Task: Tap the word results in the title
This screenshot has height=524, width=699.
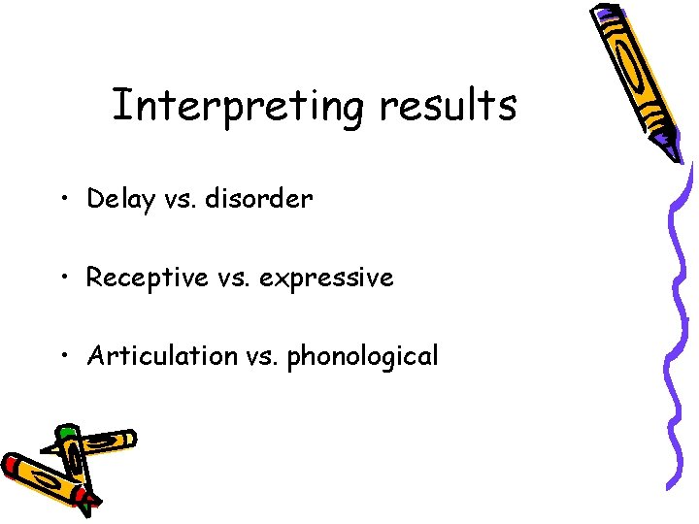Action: click(448, 106)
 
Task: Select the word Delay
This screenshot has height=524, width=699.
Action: click(120, 200)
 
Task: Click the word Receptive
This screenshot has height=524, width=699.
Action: click(147, 278)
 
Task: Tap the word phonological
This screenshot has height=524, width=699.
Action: click(362, 357)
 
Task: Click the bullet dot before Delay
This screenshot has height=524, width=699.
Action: click(63, 201)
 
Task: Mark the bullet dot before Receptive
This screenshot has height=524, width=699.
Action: click(63, 278)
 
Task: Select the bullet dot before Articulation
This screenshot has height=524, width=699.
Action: click(63, 357)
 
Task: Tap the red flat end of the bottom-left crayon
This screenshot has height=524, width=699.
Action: click(12, 467)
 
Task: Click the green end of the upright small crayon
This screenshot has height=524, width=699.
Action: click(66, 432)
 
